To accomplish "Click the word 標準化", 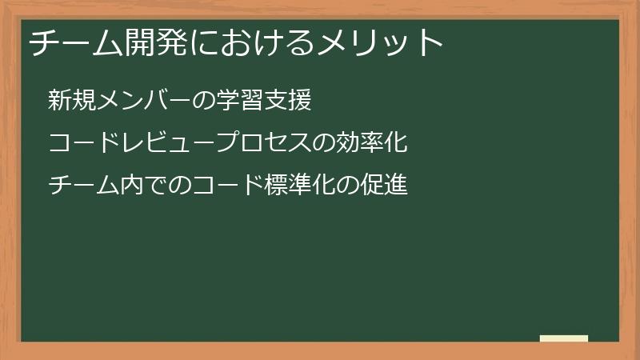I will click(x=303, y=186).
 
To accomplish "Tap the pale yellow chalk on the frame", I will click(x=564, y=338).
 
